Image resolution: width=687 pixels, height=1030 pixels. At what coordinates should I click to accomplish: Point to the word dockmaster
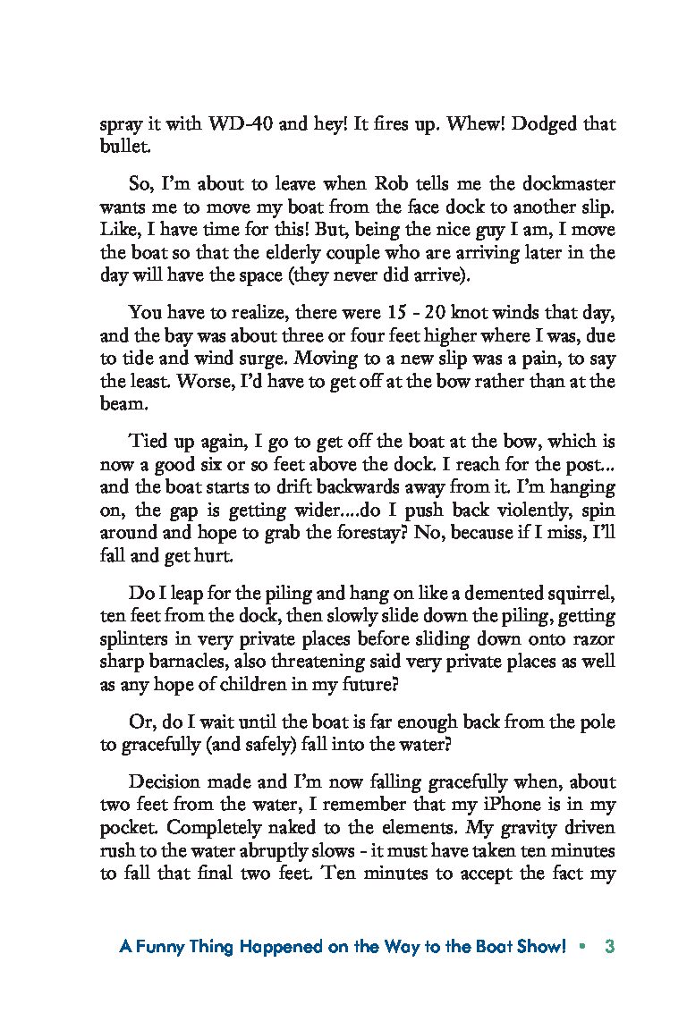coord(568,184)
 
